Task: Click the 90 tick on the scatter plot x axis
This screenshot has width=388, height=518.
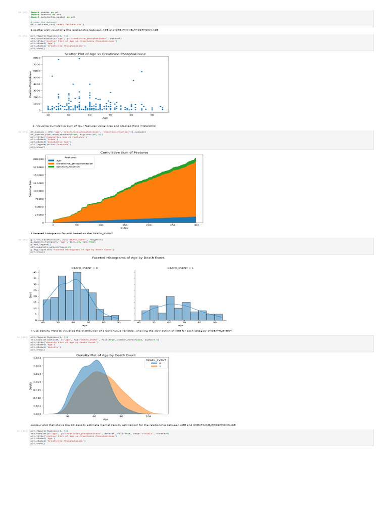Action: [x=152, y=114]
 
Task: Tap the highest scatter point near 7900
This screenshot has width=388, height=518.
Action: [x=79, y=59]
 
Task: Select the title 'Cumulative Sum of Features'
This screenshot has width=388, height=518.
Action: [x=124, y=152]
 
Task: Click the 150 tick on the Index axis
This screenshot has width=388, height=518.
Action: [x=101, y=225]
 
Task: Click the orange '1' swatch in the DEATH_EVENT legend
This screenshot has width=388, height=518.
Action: [x=154, y=366]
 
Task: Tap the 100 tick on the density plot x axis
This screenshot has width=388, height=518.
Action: [x=148, y=416]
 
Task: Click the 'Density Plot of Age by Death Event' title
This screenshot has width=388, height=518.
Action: [x=106, y=355]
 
